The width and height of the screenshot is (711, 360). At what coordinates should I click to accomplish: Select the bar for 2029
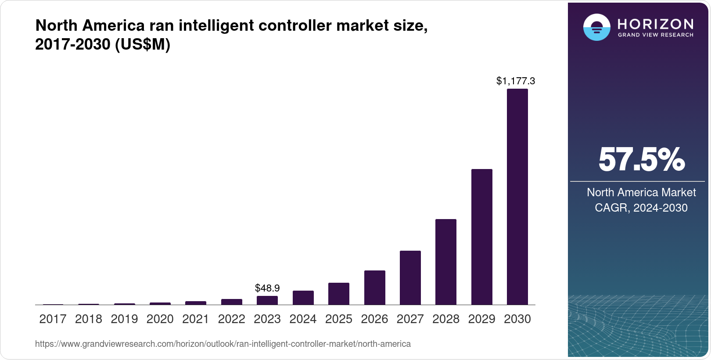481,237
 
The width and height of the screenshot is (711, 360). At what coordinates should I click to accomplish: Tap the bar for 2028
446,262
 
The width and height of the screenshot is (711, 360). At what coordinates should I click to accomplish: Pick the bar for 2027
410,277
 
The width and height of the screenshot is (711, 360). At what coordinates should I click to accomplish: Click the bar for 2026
374,288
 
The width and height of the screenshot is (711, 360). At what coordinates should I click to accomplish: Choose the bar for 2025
339,294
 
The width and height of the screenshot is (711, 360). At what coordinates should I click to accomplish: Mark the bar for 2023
267,300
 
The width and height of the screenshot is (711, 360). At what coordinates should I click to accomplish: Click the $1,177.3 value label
516,81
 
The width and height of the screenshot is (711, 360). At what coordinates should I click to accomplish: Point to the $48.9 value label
267,288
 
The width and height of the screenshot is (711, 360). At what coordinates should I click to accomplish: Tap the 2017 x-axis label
53,319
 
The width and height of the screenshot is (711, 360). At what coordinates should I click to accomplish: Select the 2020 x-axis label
160,319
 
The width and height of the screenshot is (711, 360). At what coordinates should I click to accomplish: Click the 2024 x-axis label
303,319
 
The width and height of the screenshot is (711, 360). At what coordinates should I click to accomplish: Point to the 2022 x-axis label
231,319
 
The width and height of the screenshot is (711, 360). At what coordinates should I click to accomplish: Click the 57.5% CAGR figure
641,159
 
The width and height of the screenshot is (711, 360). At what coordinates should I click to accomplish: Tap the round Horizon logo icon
596,28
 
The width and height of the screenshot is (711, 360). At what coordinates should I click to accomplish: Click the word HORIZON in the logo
655,24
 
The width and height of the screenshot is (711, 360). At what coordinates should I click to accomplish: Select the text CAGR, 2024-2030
641,208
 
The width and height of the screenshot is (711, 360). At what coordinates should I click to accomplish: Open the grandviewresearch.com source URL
223,344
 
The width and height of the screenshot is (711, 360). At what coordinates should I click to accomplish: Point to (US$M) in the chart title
142,45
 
